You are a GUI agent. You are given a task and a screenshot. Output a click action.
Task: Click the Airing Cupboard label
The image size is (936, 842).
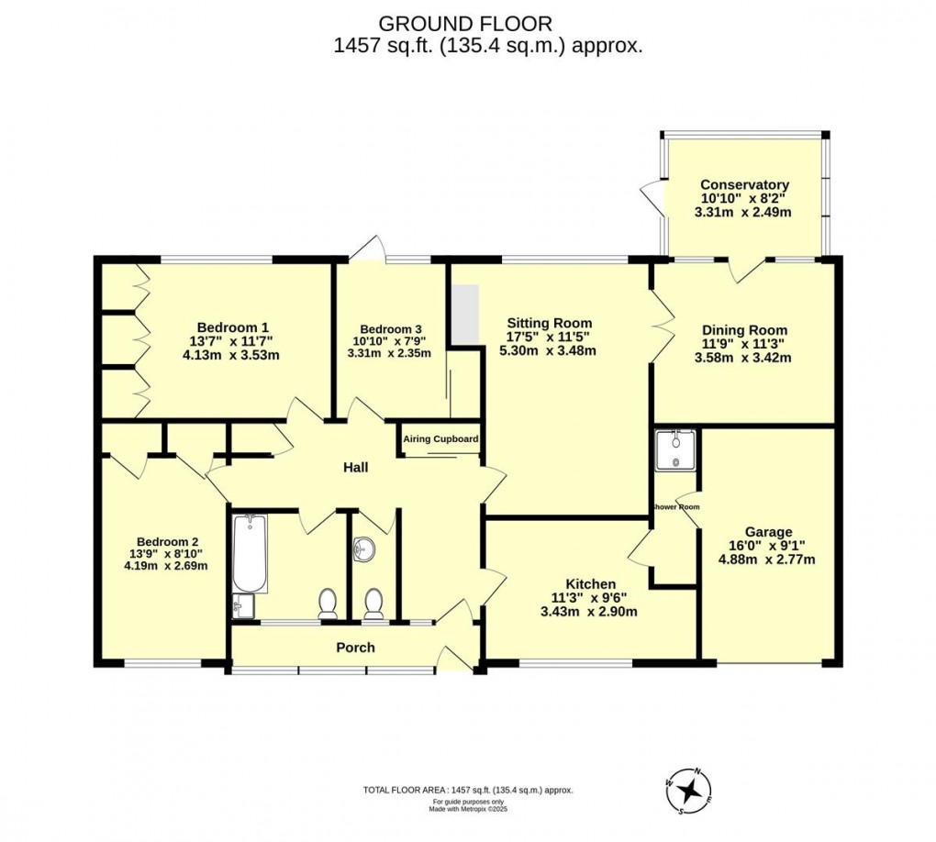[440, 439]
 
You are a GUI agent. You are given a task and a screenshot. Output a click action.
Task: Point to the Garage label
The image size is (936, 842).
[768, 532]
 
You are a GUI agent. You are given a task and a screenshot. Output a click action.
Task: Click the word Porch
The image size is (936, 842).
[355, 648]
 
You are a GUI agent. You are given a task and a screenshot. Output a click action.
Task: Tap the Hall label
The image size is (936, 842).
[355, 468]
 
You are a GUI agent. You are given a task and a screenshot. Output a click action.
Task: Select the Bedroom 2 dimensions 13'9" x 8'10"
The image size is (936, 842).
[165, 553]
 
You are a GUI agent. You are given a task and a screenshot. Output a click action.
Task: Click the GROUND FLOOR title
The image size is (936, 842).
[466, 23]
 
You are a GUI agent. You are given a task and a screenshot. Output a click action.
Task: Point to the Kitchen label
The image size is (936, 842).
[590, 584]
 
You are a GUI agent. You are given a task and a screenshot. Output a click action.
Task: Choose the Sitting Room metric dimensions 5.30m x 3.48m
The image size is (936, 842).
[550, 350]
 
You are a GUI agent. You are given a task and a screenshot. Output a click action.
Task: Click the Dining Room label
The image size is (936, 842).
[744, 330]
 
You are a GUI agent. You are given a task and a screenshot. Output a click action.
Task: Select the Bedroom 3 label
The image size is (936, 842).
[391, 329]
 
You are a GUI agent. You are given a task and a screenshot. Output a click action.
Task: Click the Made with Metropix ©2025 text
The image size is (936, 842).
[468, 808]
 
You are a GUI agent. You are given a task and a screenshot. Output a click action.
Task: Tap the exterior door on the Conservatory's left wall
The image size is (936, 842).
[651, 194]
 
